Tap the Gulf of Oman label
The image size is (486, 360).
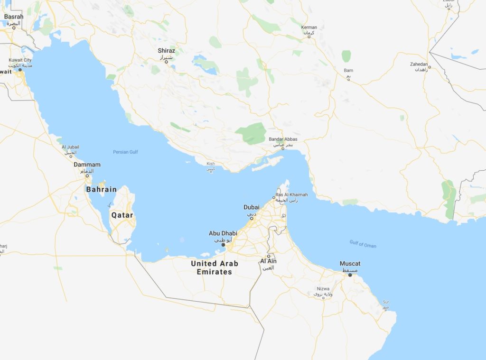coord(363,244)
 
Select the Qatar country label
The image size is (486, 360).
coord(122,215)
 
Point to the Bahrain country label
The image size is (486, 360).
coord(101,189)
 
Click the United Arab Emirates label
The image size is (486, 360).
coord(215,268)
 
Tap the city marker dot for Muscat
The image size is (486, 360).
coord(350,275)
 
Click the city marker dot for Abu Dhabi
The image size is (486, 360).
coord(224,245)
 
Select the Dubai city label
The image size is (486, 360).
coord(251,207)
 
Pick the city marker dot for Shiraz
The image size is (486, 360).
coord(166,61)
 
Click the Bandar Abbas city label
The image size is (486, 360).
coord(283,139)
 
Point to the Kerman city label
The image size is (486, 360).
coord(308,27)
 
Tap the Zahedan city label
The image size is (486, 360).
coord(419,64)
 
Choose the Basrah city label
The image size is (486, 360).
coord(13,17)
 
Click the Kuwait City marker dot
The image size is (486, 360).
coord(20,70)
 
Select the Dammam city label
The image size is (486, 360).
coord(87,165)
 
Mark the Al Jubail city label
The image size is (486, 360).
coord(70,147)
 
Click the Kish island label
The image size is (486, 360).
coord(211,164)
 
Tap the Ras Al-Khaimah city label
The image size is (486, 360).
coord(291,195)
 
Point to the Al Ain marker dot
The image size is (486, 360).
coord(268,256)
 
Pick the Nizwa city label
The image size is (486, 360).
coord(323,289)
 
